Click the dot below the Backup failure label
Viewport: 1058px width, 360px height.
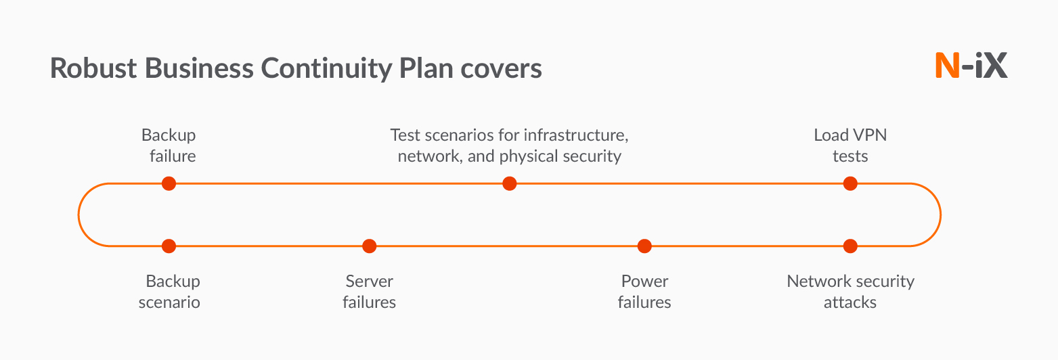click(169, 183)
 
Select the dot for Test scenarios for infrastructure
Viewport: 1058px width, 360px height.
click(510, 183)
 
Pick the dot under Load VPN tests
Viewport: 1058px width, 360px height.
click(850, 183)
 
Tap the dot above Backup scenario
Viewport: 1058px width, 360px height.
click(169, 246)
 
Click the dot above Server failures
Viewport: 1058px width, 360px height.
click(369, 246)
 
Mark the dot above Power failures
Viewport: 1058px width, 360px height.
click(644, 246)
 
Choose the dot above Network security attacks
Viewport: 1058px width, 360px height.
click(850, 246)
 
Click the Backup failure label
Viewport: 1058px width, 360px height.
click(169, 145)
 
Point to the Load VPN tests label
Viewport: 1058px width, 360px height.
click(850, 145)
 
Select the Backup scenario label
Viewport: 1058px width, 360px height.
click(170, 292)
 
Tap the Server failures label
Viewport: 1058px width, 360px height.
click(369, 292)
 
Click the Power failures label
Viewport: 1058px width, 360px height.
click(644, 292)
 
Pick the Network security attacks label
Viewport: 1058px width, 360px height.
click(850, 292)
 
